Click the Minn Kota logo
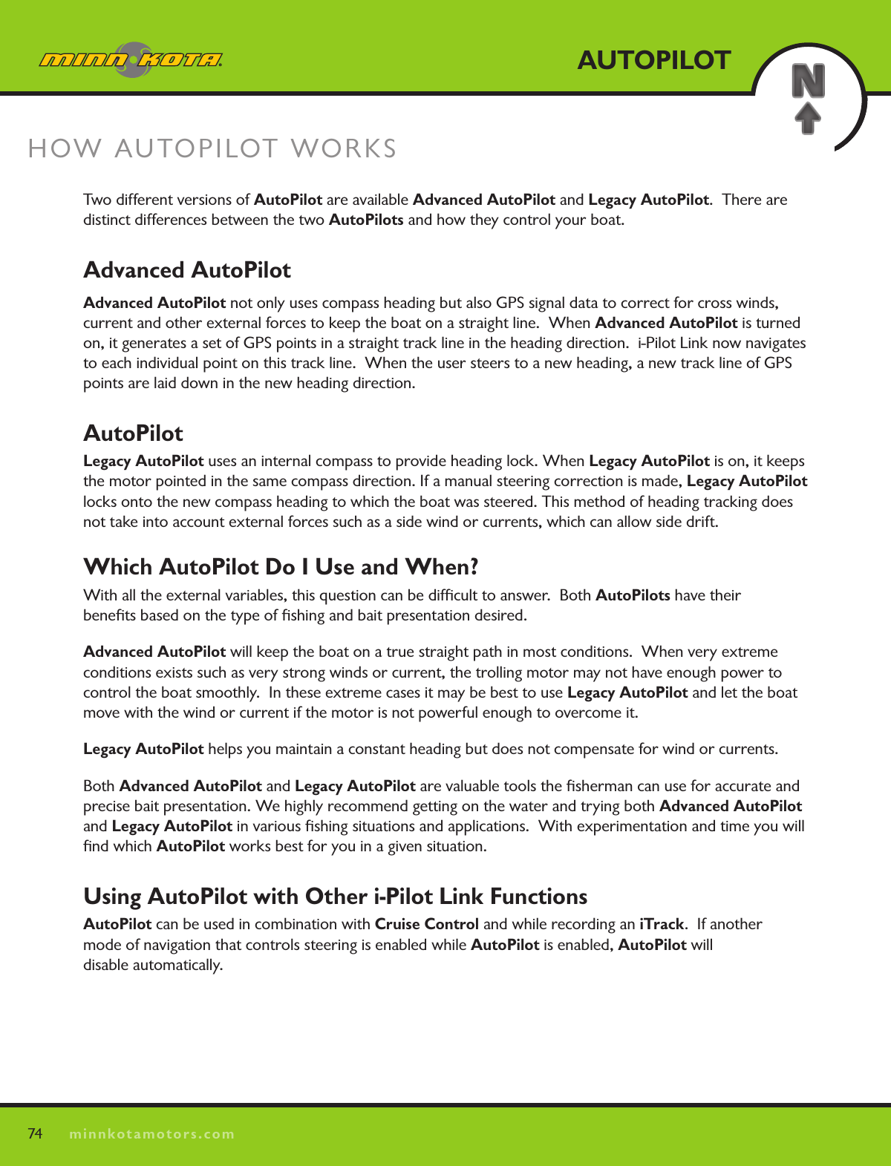coord(131,59)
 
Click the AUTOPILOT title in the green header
coord(653,60)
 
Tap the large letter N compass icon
coord(808,81)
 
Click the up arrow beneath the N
coord(808,118)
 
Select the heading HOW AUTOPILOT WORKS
coord(212,148)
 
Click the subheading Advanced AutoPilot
coord(187,270)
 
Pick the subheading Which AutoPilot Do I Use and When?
coord(281,567)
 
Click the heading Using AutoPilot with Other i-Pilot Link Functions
coord(335,897)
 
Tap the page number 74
coord(35,1133)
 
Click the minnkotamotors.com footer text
coord(151,1134)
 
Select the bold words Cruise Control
coord(426,924)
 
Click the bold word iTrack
coord(661,924)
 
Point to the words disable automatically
coord(152,965)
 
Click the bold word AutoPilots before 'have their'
coord(633,595)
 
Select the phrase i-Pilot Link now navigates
coord(721,343)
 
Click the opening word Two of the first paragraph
coord(97,200)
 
